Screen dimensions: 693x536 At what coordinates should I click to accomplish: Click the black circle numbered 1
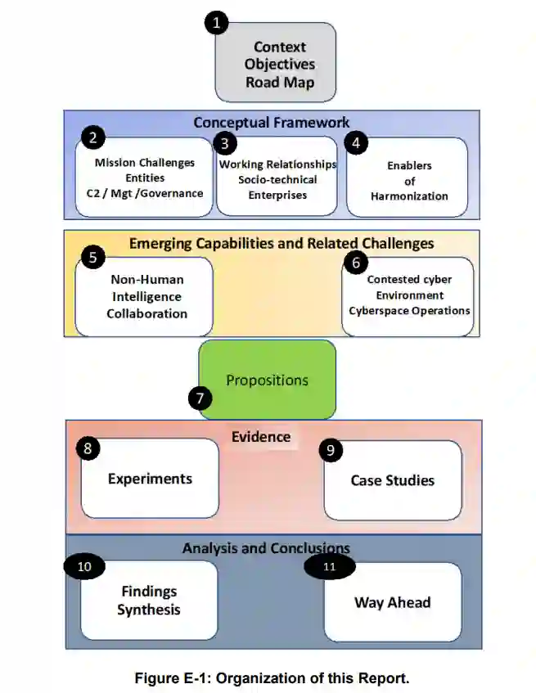pyautogui.click(x=216, y=22)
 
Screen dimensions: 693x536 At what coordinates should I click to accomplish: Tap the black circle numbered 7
pyautogui.click(x=200, y=398)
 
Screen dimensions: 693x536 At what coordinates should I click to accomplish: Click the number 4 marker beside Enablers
pyautogui.click(x=355, y=142)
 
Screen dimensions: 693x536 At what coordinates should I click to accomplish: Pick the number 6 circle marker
pyautogui.click(x=354, y=263)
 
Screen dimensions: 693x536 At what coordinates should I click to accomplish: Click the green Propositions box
pyautogui.click(x=268, y=380)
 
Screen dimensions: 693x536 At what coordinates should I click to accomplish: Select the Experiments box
pyautogui.click(x=150, y=479)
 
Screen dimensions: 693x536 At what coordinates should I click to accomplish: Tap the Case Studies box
pyautogui.click(x=393, y=480)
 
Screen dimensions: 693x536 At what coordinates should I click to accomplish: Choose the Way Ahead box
pyautogui.click(x=392, y=602)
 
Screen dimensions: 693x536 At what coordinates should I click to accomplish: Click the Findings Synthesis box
pyautogui.click(x=149, y=601)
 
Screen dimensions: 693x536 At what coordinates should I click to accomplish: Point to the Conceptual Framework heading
pyautogui.click(x=272, y=123)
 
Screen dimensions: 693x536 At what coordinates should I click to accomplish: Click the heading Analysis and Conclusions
pyautogui.click(x=266, y=548)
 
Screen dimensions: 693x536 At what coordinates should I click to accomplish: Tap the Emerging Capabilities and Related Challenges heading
pyautogui.click(x=282, y=243)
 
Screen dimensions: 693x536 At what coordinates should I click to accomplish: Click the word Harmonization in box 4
pyautogui.click(x=409, y=196)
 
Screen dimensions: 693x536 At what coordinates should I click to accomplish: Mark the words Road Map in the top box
pyautogui.click(x=280, y=83)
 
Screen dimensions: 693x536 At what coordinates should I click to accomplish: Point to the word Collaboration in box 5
pyautogui.click(x=147, y=313)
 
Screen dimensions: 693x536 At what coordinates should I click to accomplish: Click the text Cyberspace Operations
pyautogui.click(x=409, y=311)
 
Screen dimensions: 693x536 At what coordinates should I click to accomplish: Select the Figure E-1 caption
pyautogui.click(x=273, y=677)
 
